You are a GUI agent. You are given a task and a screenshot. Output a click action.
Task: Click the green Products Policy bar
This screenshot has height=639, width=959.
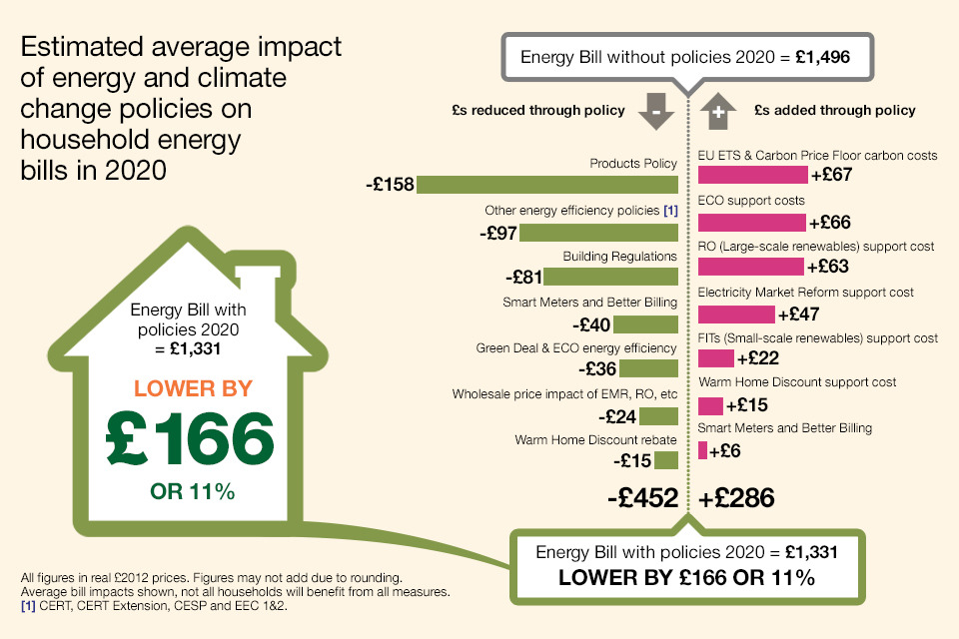click(x=547, y=185)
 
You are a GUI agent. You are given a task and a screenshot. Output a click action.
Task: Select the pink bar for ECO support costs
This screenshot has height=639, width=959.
click(x=751, y=222)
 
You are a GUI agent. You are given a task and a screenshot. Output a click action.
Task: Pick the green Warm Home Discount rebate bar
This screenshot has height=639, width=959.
click(x=666, y=460)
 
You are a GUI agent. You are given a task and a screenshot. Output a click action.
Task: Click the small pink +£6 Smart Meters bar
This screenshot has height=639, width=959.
click(x=702, y=451)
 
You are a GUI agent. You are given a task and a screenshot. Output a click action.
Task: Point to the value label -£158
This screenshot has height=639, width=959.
click(x=391, y=185)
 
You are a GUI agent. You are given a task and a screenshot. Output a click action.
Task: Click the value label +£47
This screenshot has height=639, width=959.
click(x=799, y=315)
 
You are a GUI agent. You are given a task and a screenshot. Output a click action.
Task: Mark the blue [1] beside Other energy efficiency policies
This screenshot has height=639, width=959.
click(x=670, y=211)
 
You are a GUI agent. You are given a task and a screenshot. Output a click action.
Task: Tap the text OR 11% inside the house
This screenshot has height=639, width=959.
click(x=191, y=491)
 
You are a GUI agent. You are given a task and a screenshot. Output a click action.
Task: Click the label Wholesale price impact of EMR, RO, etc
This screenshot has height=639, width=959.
click(x=564, y=394)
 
